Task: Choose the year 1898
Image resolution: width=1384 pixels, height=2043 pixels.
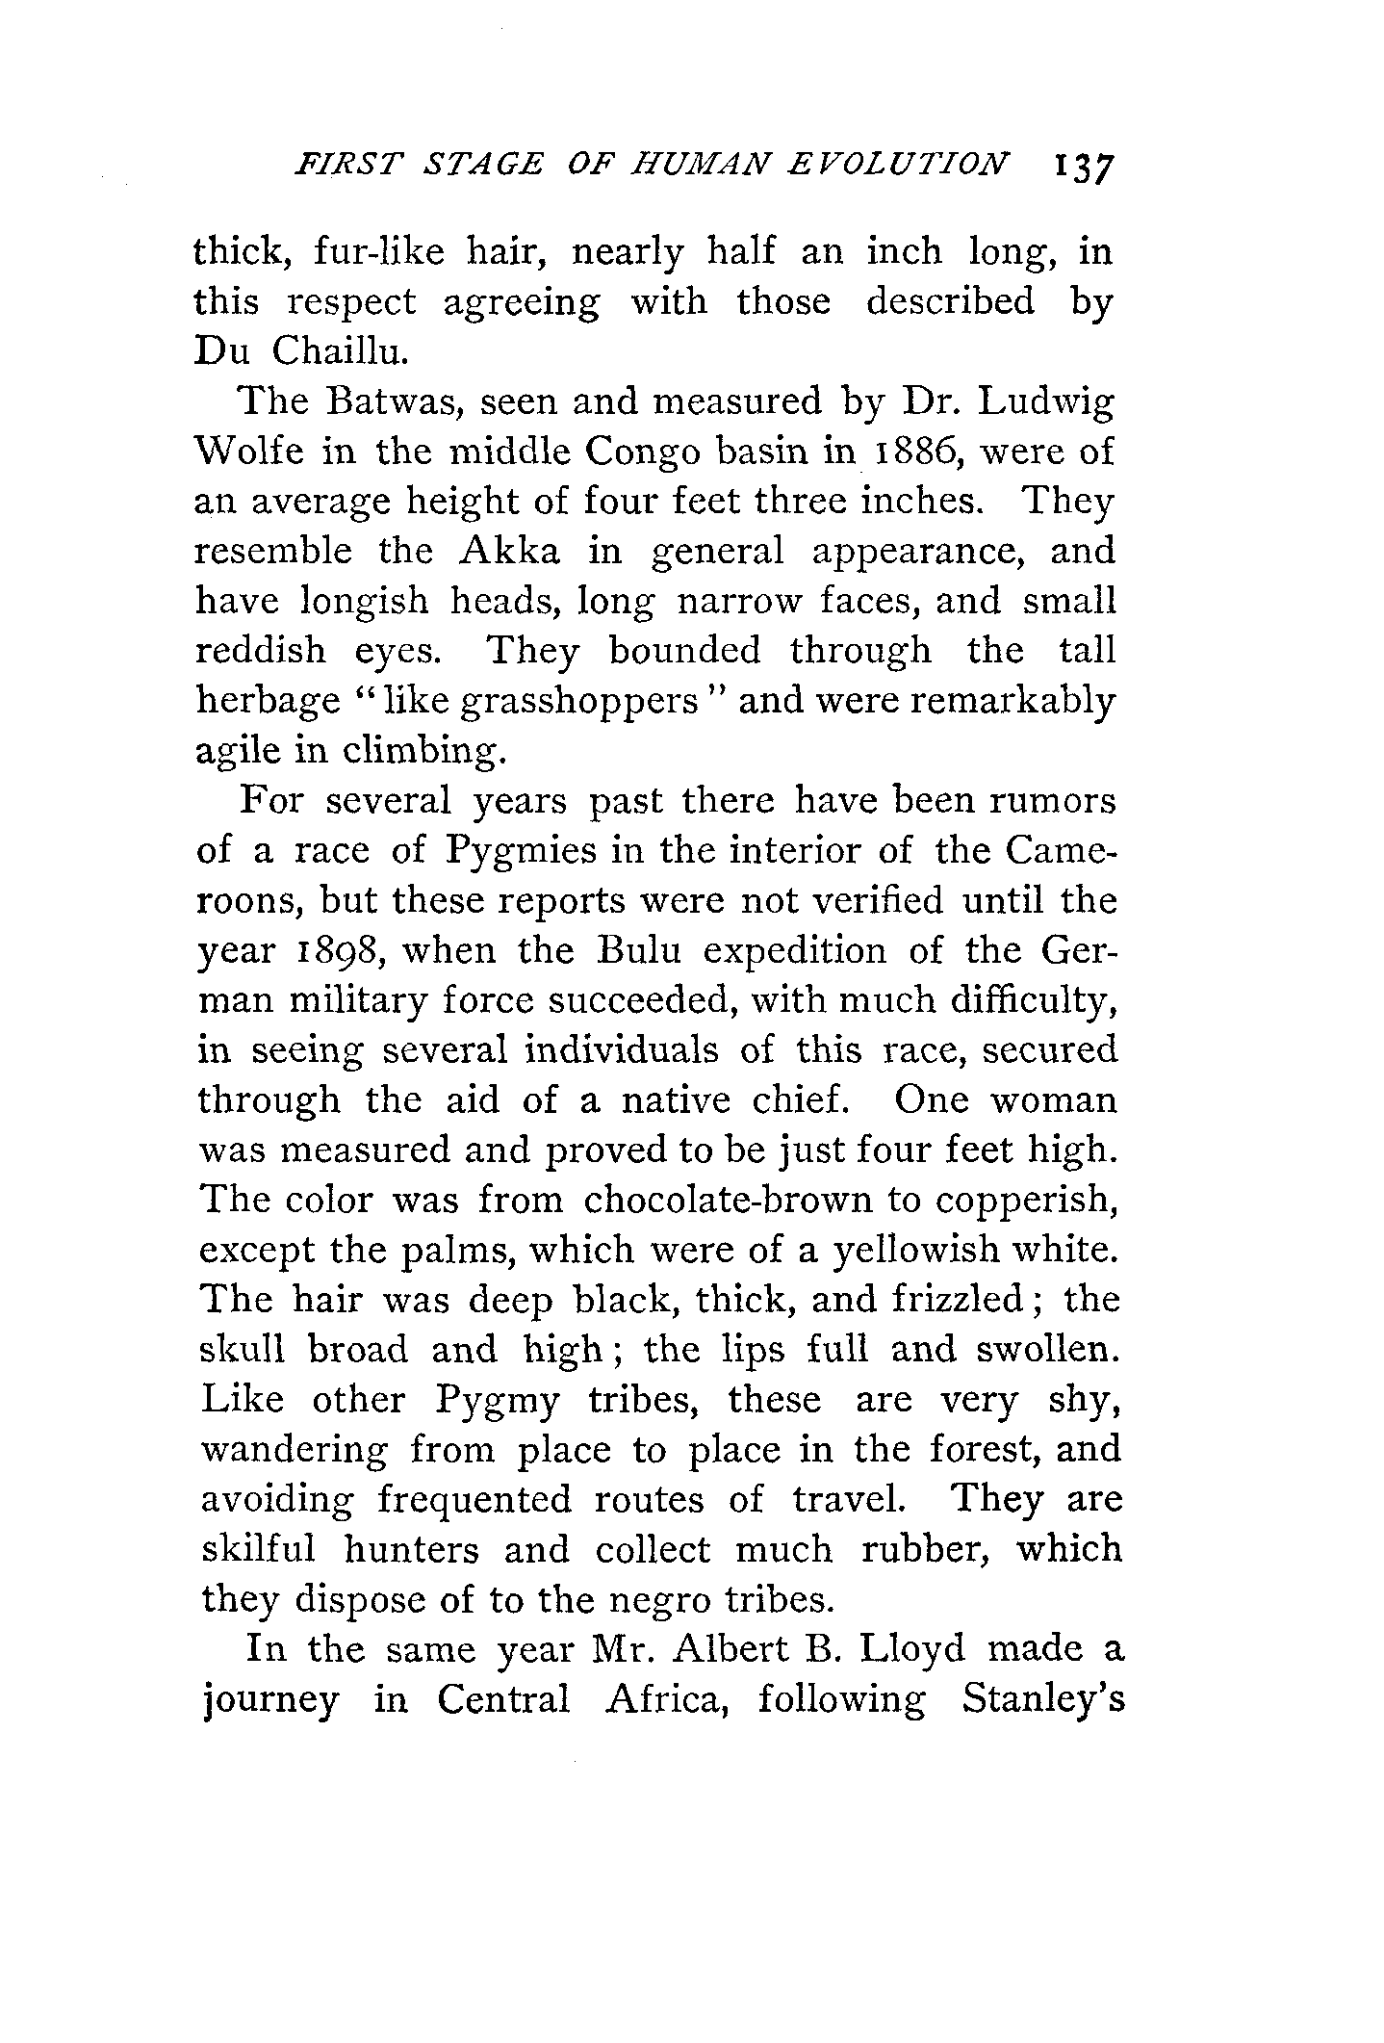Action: [x=342, y=951]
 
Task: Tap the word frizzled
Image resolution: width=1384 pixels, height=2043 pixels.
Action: [x=957, y=1300]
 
